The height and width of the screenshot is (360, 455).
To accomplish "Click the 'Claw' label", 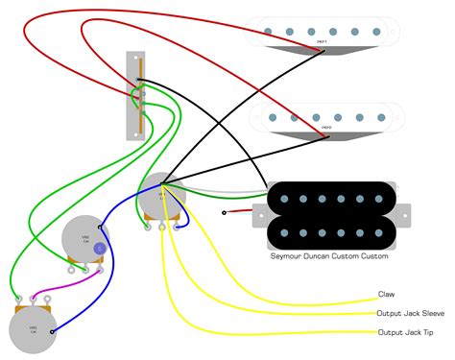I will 386,295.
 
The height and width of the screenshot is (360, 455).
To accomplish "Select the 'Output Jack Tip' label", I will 403,332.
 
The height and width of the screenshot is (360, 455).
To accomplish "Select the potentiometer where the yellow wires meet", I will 160,198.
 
